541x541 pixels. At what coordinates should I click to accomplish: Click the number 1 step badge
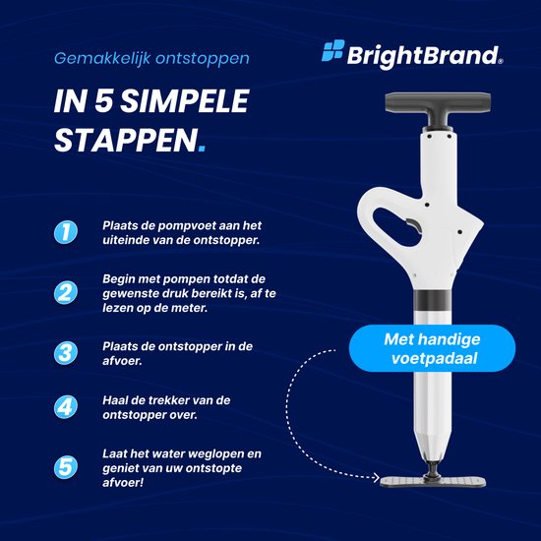point(66,232)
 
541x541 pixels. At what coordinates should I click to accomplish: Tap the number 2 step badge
point(66,292)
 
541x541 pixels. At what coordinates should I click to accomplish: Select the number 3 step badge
point(66,353)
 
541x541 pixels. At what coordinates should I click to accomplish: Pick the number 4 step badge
point(66,407)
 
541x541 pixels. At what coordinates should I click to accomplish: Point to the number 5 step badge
point(66,467)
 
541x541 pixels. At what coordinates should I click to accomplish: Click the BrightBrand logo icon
point(332,50)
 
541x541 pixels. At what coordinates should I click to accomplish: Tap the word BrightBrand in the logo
point(424,57)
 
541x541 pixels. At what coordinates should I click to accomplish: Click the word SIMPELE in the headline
point(185,101)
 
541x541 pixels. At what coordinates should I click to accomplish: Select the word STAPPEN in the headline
point(126,140)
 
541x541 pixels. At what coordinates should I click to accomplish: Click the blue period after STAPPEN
point(203,149)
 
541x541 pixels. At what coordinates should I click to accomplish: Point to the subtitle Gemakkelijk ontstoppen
point(151,58)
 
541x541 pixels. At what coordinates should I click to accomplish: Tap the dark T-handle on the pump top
point(438,109)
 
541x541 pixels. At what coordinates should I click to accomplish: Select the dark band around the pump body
point(433,299)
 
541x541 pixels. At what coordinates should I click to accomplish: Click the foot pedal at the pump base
point(433,481)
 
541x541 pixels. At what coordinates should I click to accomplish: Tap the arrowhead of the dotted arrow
point(376,478)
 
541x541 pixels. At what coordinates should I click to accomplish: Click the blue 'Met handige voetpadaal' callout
point(433,348)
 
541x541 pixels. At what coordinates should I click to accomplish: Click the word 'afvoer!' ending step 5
point(123,482)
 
